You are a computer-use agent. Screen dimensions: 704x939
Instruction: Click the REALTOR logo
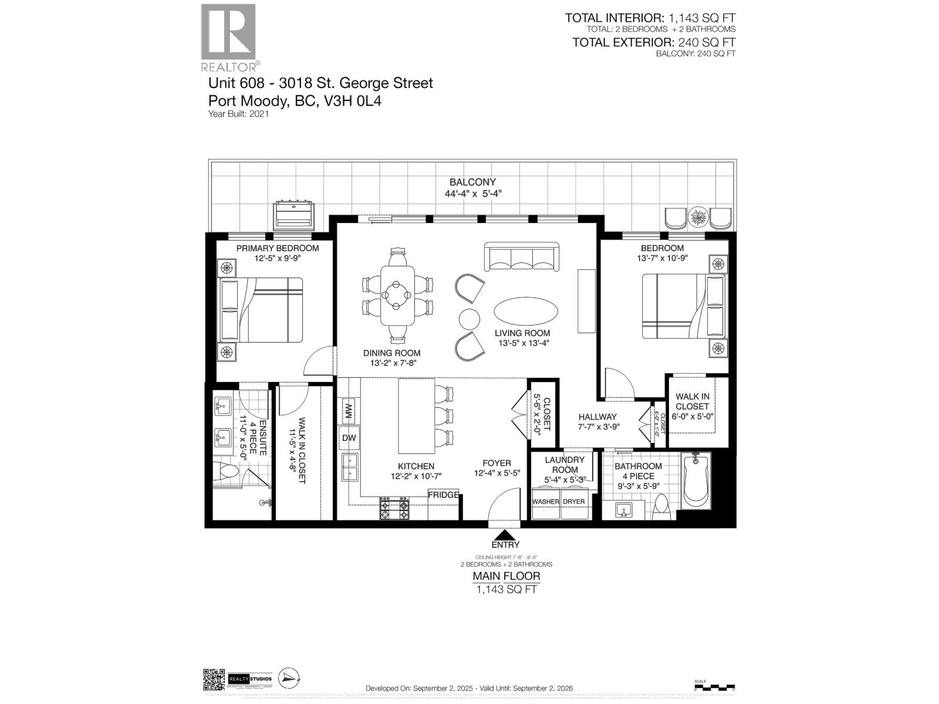click(229, 36)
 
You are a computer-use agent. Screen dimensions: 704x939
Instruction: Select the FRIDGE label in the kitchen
click(443, 495)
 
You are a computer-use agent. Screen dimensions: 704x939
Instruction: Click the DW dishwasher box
click(349, 438)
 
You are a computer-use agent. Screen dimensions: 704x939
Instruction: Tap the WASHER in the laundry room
click(545, 502)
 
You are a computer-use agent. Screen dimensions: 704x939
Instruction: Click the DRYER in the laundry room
click(574, 502)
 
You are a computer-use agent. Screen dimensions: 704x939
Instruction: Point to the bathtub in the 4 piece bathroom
click(696, 480)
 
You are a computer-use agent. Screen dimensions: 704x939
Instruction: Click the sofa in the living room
click(521, 257)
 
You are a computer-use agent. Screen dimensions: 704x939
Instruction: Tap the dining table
click(397, 296)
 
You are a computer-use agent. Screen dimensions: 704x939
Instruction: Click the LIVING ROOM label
click(522, 333)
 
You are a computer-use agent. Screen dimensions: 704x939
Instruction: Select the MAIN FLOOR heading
click(506, 576)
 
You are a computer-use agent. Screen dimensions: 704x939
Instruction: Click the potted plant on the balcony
click(698, 216)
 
